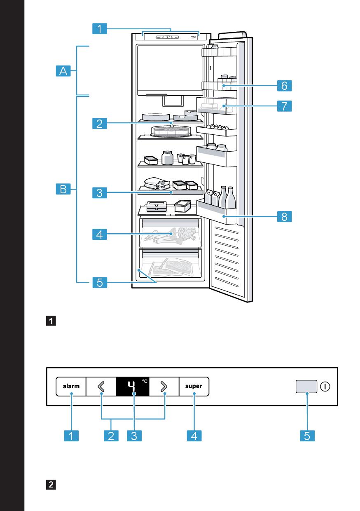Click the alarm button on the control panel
click(x=71, y=387)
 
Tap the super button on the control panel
click(x=194, y=387)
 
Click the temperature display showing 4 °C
click(x=132, y=387)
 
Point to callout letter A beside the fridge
click(x=63, y=71)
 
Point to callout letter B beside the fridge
click(x=63, y=190)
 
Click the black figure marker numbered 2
click(x=51, y=484)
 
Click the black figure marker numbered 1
click(x=51, y=320)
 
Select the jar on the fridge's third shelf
click(x=167, y=158)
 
